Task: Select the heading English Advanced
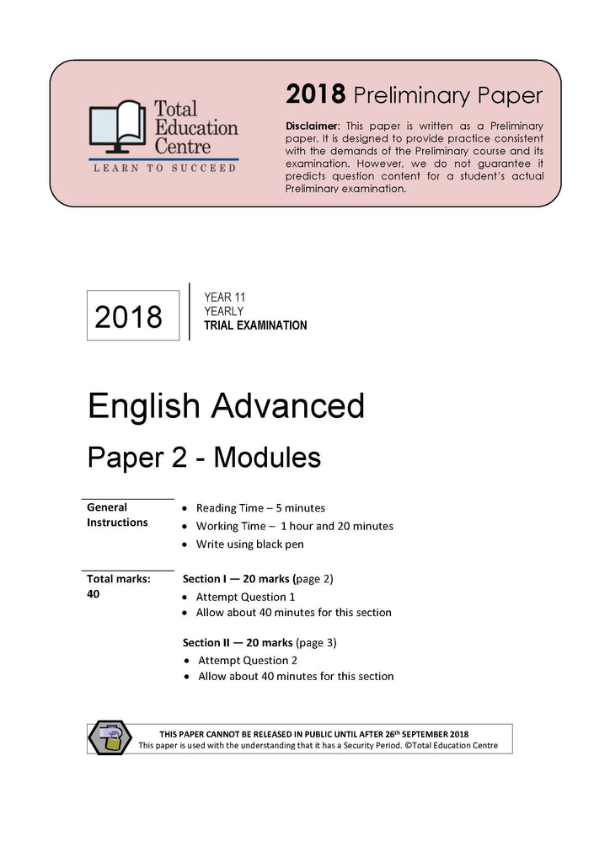tap(226, 406)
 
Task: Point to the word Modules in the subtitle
tap(267, 458)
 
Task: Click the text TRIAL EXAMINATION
tap(255, 325)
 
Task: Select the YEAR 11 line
tap(224, 297)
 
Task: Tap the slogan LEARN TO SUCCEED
tap(164, 169)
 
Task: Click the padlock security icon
tap(110, 738)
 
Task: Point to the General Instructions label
tap(117, 515)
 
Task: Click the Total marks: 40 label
tap(118, 587)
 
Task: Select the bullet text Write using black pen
tap(249, 544)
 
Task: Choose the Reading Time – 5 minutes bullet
tap(260, 508)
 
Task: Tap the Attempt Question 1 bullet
tap(246, 597)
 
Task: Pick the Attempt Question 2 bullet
tap(248, 661)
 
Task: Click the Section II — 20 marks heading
tap(260, 642)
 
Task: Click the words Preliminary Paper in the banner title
tap(448, 95)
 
